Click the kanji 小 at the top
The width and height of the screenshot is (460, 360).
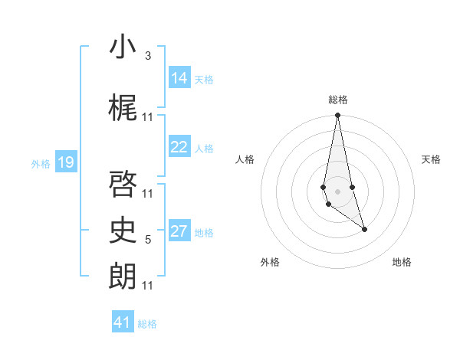pyautogui.click(x=123, y=47)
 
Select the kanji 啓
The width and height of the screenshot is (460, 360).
pyautogui.click(x=123, y=184)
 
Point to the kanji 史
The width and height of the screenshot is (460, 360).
pyautogui.click(x=123, y=231)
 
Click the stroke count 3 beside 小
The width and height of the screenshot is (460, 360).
pyautogui.click(x=148, y=56)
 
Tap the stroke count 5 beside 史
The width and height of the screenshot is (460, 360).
pyautogui.click(x=148, y=240)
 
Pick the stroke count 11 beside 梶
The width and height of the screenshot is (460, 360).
pyautogui.click(x=148, y=117)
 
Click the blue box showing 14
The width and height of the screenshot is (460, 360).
pyautogui.click(x=179, y=78)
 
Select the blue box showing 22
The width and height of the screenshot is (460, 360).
pyautogui.click(x=179, y=148)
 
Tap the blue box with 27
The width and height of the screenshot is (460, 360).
pyautogui.click(x=179, y=232)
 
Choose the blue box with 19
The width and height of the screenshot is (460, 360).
pyautogui.click(x=66, y=162)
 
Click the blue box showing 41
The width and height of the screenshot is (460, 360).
pyautogui.click(x=123, y=322)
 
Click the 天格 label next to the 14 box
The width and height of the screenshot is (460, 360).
pyautogui.click(x=204, y=79)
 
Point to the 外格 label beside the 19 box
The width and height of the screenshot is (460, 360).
pyautogui.click(x=41, y=163)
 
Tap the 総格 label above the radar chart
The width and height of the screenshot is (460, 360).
pyautogui.click(x=338, y=100)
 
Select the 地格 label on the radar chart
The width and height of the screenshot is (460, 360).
pyautogui.click(x=402, y=262)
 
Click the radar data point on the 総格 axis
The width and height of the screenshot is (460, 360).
pyautogui.click(x=337, y=116)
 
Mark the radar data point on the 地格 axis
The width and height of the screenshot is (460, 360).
pyautogui.click(x=364, y=229)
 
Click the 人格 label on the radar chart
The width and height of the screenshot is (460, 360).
pyautogui.click(x=245, y=159)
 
